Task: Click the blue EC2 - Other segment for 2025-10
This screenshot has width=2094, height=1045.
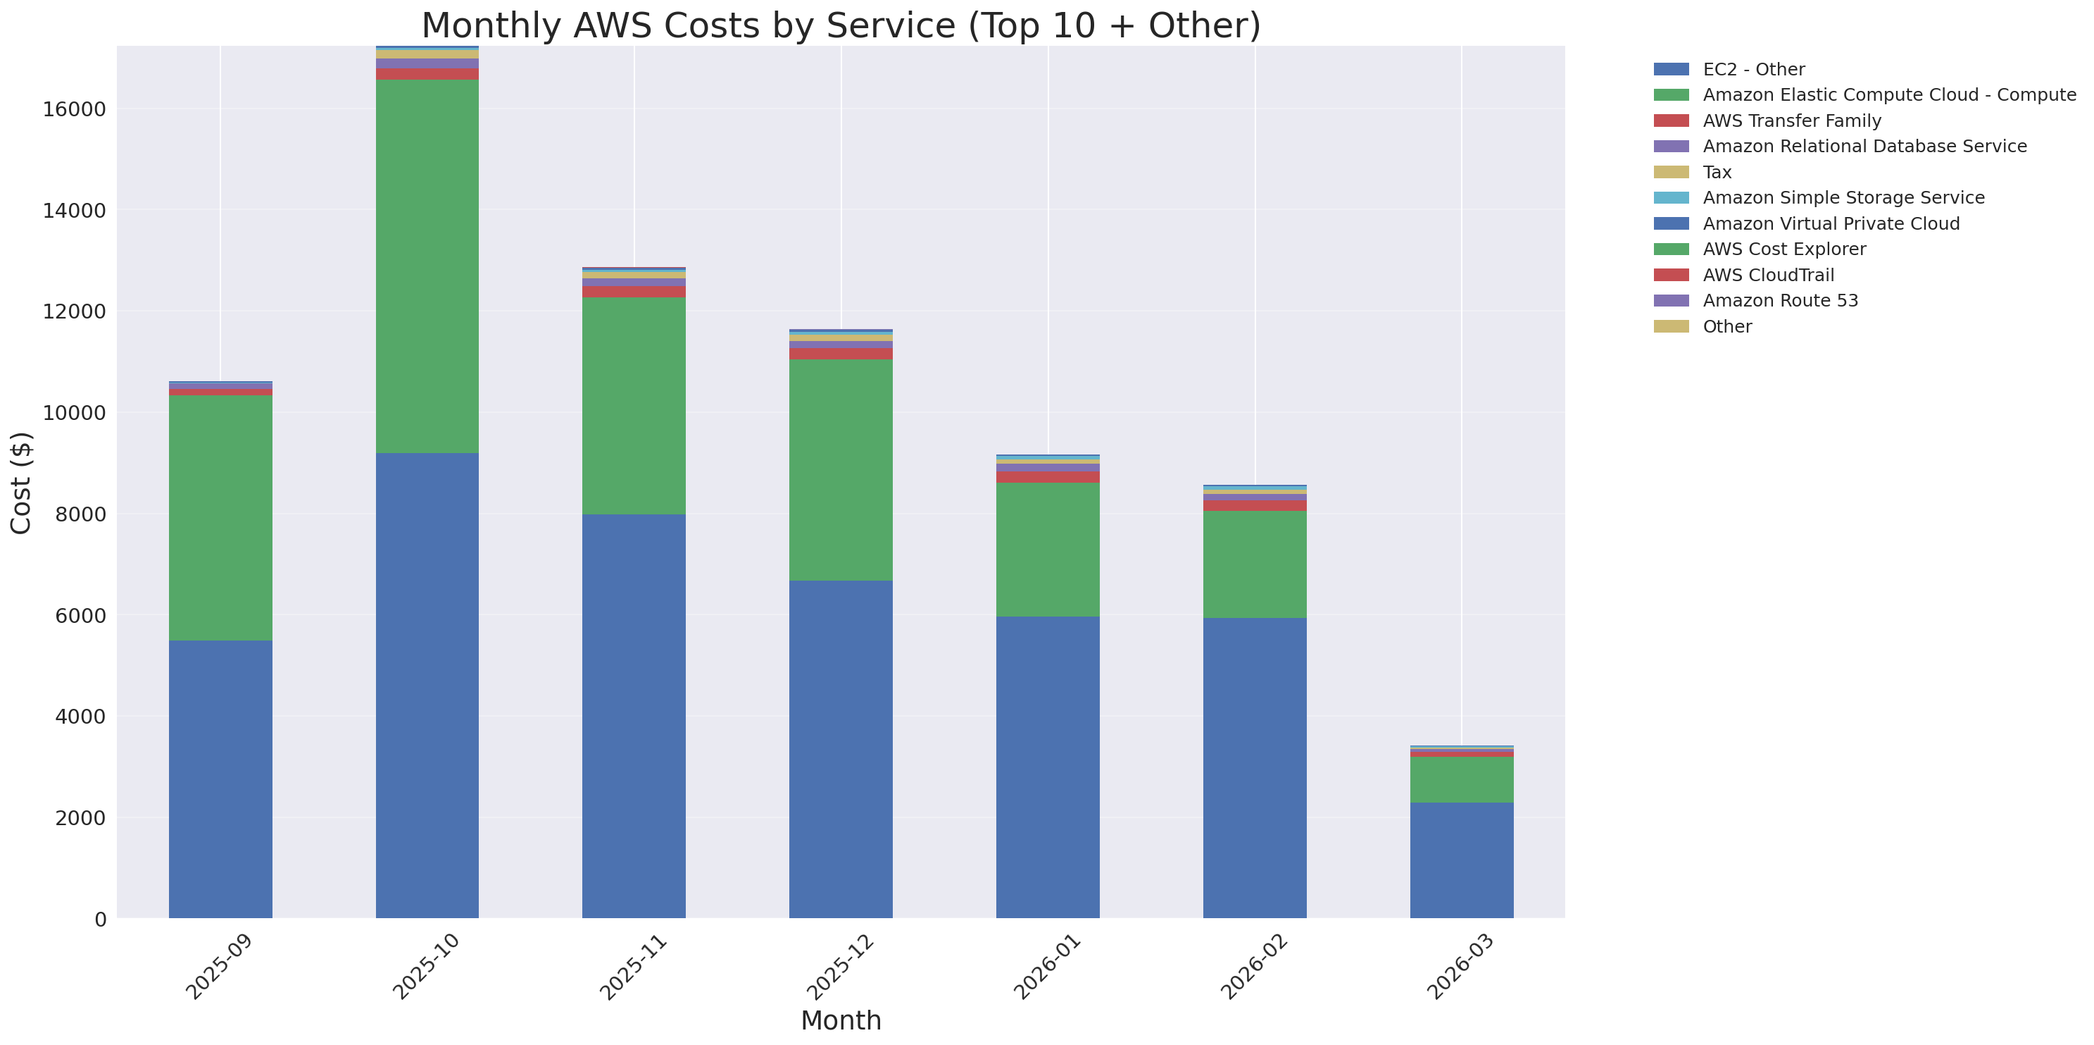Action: [427, 685]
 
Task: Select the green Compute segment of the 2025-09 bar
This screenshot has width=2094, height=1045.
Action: [220, 517]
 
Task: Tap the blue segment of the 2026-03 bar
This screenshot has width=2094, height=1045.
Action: [1462, 860]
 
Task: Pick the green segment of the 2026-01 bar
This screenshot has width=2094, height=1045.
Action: [1048, 549]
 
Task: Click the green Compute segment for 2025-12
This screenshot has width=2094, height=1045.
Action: [841, 469]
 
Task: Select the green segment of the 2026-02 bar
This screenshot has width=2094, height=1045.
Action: [1254, 564]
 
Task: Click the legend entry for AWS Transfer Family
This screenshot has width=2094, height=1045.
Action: [1792, 120]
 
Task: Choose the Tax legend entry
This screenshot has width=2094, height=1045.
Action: [1717, 173]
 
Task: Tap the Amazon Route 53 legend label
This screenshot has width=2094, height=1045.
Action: [1780, 301]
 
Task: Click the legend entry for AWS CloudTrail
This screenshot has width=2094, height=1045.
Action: [1768, 275]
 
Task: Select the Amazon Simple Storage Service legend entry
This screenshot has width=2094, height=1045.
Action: [1843, 197]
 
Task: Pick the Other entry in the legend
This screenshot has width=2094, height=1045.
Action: [1726, 326]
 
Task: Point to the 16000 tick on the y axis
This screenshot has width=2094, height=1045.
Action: [74, 109]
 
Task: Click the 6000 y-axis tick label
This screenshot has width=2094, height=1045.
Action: [80, 616]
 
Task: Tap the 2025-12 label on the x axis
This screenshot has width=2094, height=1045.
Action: [841, 966]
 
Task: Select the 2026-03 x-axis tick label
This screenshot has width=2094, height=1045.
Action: [1461, 966]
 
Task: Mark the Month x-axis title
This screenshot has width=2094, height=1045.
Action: [841, 1020]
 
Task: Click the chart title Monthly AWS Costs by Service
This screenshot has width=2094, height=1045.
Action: [841, 25]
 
